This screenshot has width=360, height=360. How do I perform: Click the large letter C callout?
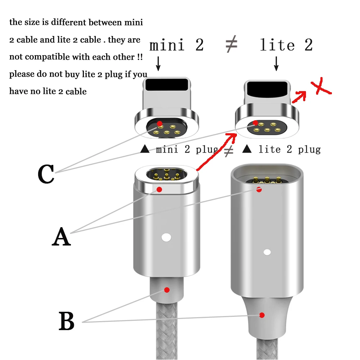pos(46,174)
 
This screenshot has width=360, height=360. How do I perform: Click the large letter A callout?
pos(61,237)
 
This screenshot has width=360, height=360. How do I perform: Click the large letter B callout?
pos(67,321)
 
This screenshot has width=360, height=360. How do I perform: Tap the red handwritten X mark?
pos(321,86)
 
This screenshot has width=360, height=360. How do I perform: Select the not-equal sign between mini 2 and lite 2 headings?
pos(231,44)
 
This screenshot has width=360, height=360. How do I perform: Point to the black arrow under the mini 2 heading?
pos(158,64)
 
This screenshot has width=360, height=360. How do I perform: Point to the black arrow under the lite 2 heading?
pos(276,64)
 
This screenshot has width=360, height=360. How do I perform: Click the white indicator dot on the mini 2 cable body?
pos(166,237)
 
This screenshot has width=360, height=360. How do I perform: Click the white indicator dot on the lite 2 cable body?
pos(267,252)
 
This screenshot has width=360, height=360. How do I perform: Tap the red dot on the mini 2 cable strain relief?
pos(167,290)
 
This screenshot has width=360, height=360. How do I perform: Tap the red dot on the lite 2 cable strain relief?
pos(262,315)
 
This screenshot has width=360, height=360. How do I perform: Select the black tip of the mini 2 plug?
pos(167,85)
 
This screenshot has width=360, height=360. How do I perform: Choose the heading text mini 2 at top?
pos(176,45)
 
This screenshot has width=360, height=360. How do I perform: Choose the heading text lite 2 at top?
pos(286,45)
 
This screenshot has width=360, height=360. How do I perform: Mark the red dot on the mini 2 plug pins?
pos(159,124)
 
